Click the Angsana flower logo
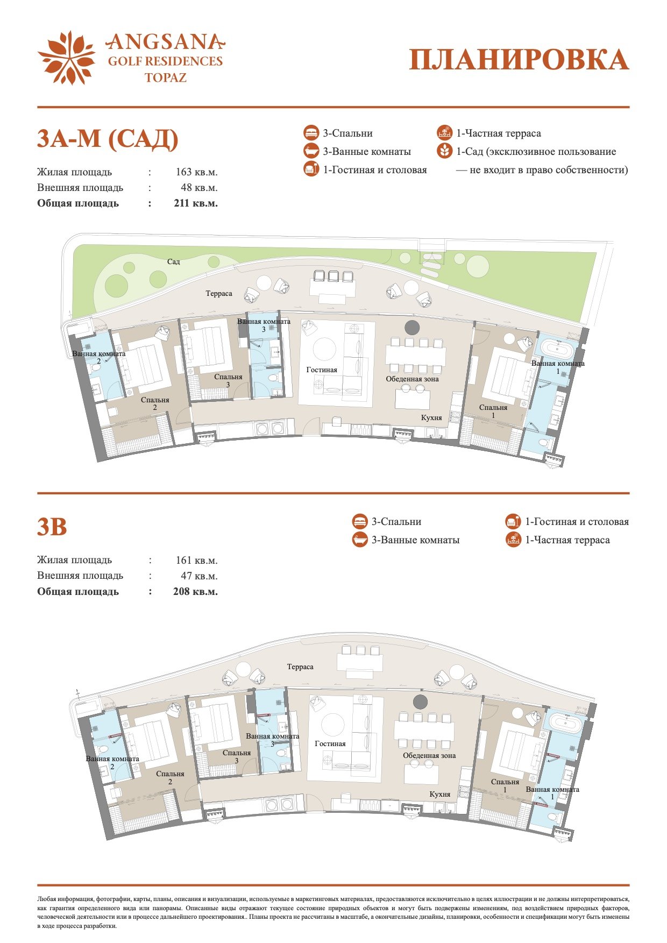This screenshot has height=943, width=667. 67,58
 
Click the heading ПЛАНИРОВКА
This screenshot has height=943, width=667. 519,60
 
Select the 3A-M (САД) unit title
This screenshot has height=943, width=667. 108,139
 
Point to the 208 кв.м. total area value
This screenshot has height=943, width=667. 196,592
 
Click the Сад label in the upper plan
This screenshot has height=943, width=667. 173,261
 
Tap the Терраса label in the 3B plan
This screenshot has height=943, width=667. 300,667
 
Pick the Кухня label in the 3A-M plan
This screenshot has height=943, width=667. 431,417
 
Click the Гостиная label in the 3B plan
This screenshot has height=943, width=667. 330,744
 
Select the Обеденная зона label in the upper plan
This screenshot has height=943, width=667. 413,379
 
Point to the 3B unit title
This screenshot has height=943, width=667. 52,527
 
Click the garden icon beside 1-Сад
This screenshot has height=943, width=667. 444,151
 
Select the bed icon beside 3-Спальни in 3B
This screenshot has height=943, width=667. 360,522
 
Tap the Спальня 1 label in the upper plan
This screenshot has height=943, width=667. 493,412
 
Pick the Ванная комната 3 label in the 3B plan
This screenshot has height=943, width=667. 273,740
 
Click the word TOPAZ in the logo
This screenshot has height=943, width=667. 166,77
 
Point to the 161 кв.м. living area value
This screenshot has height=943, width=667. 197,561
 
